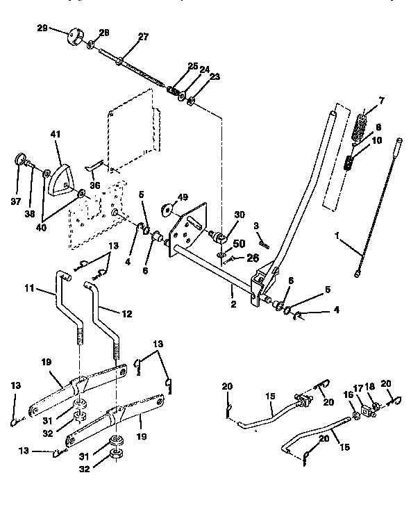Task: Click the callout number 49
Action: pyautogui.click(x=183, y=198)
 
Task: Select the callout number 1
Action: pyautogui.click(x=336, y=236)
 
